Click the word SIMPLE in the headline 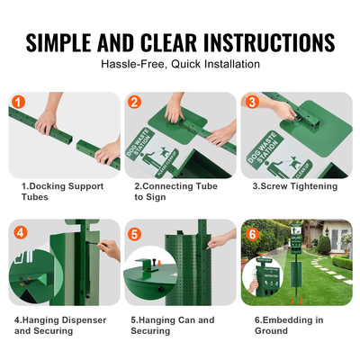[77, 41]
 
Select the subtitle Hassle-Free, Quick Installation [180, 64]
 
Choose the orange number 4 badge [20, 231]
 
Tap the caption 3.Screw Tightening [294, 186]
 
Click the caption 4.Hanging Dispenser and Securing [61, 325]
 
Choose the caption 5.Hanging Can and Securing [172, 325]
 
